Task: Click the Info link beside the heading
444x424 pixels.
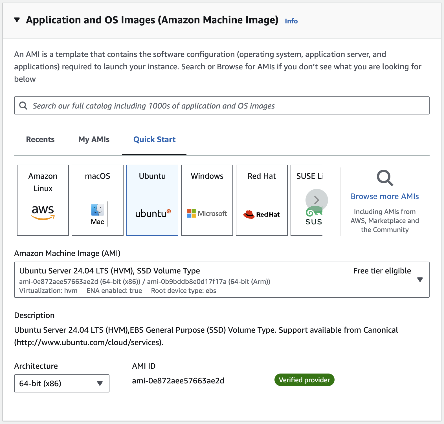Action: pyautogui.click(x=291, y=21)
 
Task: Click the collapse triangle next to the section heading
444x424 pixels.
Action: pyautogui.click(x=17, y=20)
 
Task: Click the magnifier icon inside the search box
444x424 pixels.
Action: pyautogui.click(x=23, y=106)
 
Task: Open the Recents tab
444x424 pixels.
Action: pyautogui.click(x=40, y=139)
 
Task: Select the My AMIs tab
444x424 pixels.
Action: pyautogui.click(x=94, y=140)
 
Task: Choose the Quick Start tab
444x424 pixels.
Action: pyautogui.click(x=154, y=139)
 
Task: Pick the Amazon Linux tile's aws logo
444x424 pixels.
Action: pyautogui.click(x=43, y=212)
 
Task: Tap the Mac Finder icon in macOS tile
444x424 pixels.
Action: pyautogui.click(x=98, y=214)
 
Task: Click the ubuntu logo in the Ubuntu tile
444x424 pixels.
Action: pyautogui.click(x=153, y=213)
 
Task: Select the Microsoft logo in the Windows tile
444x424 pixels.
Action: pyautogui.click(x=207, y=213)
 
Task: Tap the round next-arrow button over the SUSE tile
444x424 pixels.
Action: pyautogui.click(x=316, y=200)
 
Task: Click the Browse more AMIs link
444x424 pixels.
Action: pyautogui.click(x=385, y=196)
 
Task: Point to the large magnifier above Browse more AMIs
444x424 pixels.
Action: pyautogui.click(x=385, y=178)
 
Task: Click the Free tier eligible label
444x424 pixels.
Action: pyautogui.click(x=382, y=271)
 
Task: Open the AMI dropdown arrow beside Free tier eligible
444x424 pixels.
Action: pyautogui.click(x=420, y=280)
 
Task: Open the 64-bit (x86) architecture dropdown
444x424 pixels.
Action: pyautogui.click(x=62, y=383)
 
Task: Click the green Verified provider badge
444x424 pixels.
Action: pyautogui.click(x=304, y=380)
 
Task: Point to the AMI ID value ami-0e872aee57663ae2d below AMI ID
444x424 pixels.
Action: pyautogui.click(x=178, y=381)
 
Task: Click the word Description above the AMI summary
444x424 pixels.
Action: pyautogui.click(x=34, y=315)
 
